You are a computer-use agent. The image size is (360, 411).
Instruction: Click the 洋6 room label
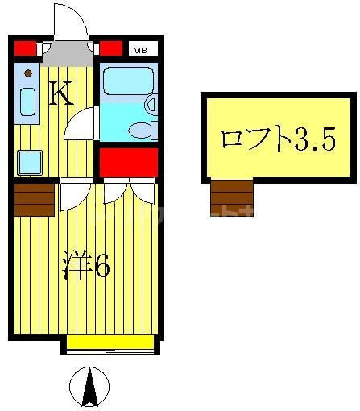[x=87, y=268]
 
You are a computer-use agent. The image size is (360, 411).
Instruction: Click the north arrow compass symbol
[x=89, y=387]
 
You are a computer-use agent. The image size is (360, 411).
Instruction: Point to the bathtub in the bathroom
[x=127, y=81]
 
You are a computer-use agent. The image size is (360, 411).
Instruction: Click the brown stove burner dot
[x=27, y=74]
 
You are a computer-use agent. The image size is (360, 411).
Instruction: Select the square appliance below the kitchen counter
[x=30, y=163]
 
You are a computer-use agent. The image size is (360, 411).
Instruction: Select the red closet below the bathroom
[x=127, y=161]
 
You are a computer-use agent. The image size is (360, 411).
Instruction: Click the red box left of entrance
[x=26, y=48]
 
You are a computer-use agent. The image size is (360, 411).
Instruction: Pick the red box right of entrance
[x=111, y=48]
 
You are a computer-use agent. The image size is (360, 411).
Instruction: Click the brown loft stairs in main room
[x=34, y=199]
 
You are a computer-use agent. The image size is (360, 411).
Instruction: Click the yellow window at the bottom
[x=110, y=342]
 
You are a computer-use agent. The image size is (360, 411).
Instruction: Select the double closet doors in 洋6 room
[x=129, y=191]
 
